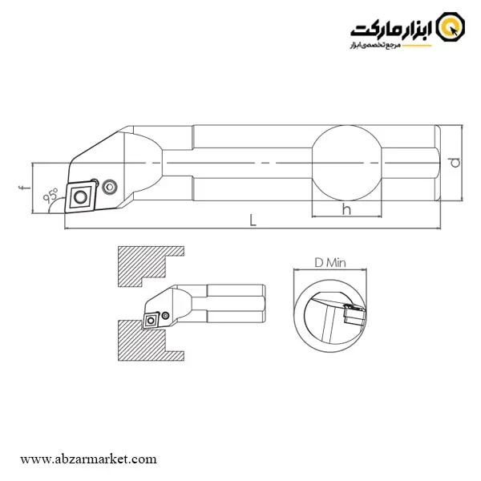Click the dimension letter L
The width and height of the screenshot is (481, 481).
pos(253,220)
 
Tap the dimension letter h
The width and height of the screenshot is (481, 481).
pos(346,209)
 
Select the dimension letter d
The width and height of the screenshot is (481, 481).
pos(455,163)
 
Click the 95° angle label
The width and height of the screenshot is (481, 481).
pos(51,196)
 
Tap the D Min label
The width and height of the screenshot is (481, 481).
pos(330,263)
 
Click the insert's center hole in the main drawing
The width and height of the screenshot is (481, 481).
pos(80,196)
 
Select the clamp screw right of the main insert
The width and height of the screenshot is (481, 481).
pos(109,187)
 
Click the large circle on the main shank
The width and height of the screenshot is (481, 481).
pos(346,163)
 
